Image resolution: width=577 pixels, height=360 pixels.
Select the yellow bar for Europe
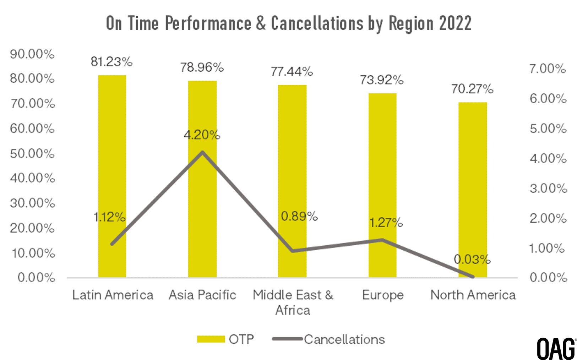382,185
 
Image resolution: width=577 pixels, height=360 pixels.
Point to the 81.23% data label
111,62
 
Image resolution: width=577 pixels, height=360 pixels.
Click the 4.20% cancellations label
202,135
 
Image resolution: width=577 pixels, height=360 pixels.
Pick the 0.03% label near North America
472,260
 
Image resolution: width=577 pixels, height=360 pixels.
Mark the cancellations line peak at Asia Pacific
202,152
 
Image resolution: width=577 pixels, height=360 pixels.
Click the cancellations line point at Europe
382,240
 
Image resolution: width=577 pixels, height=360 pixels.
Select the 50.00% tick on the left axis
32,153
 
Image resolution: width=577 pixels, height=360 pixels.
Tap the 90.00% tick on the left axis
32,54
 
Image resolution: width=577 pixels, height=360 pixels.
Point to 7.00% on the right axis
548,69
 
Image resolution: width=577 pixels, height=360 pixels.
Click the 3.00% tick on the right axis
548,188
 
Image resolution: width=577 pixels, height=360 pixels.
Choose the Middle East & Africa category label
293,302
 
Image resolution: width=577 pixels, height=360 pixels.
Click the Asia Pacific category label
202,295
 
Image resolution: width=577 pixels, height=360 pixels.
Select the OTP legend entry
225,339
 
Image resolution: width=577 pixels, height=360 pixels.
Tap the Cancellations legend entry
328,339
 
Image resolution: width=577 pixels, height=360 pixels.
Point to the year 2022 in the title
455,23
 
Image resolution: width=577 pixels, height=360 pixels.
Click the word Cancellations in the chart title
317,23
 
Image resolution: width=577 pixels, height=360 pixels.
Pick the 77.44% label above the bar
292,72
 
